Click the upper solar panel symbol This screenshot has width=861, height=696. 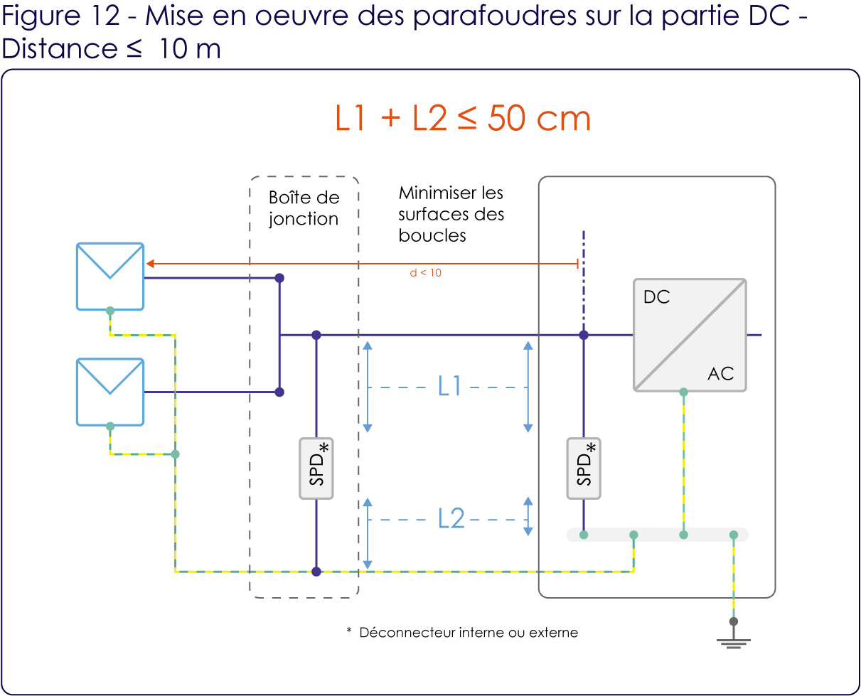click(x=110, y=277)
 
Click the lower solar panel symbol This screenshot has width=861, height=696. click(x=110, y=392)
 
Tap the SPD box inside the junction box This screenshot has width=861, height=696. click(x=316, y=469)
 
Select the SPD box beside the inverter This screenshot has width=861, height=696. click(x=584, y=469)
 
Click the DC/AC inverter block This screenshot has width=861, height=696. click(x=690, y=335)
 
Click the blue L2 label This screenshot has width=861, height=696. click(x=451, y=518)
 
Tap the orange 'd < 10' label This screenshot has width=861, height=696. click(x=426, y=273)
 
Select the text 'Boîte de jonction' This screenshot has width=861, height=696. click(x=304, y=208)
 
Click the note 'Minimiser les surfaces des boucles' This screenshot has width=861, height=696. click(x=451, y=214)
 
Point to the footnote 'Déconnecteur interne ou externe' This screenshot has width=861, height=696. click(x=469, y=633)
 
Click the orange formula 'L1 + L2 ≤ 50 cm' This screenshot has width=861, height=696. click(x=464, y=119)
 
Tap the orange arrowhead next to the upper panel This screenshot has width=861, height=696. click(x=150, y=264)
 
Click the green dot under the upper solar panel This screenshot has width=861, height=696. click(x=110, y=311)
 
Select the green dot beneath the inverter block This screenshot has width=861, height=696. click(x=683, y=392)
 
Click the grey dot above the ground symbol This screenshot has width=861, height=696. click(x=734, y=621)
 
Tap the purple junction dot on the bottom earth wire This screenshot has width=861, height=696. click(x=316, y=572)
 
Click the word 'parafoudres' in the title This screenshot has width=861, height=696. click(x=494, y=17)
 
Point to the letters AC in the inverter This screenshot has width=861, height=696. click(x=721, y=374)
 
